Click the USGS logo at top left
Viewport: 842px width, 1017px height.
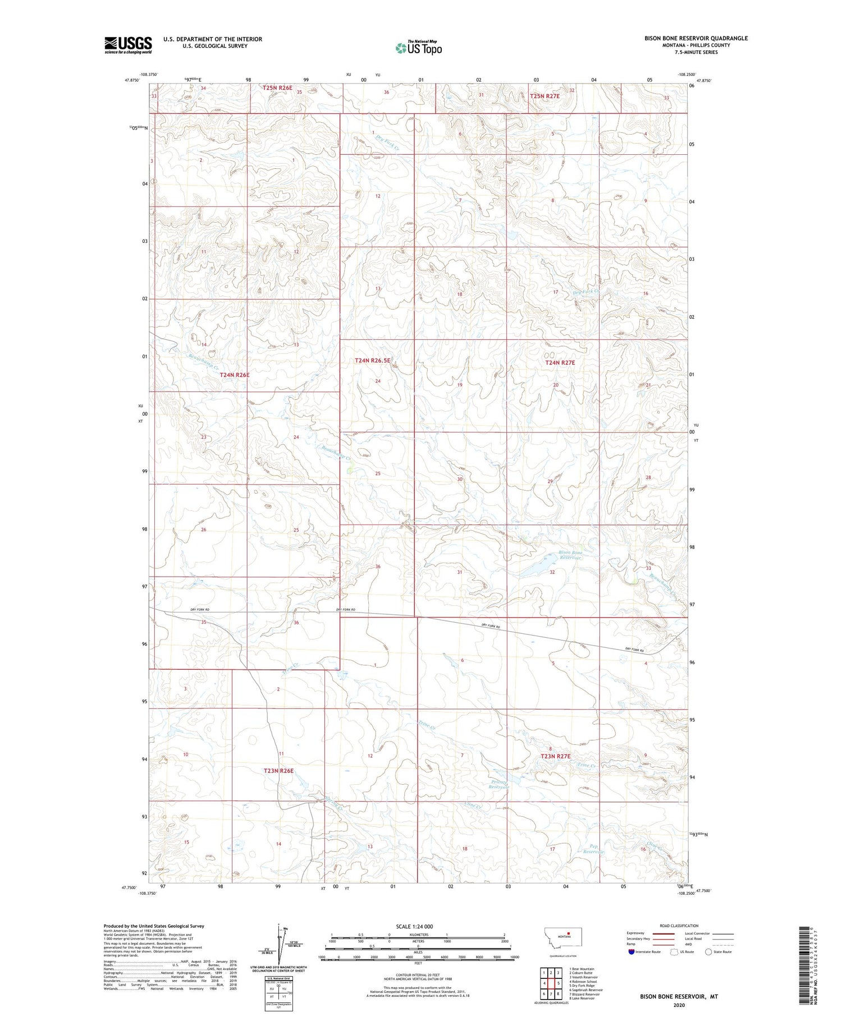(x=128, y=45)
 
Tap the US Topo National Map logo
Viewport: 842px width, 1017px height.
(x=419, y=48)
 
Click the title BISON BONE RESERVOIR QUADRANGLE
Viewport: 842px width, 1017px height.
(x=695, y=38)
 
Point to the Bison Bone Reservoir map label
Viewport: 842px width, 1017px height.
(x=570, y=555)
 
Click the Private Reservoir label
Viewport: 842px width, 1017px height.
(x=498, y=785)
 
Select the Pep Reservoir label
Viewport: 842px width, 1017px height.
(x=593, y=849)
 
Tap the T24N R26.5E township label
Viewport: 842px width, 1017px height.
(x=372, y=361)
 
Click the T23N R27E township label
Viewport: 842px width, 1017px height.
(x=555, y=756)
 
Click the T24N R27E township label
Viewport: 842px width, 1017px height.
(x=560, y=363)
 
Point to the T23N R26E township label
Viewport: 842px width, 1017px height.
(x=278, y=771)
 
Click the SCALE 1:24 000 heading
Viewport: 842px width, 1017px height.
(x=415, y=926)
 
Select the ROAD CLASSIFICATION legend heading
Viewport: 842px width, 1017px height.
(x=679, y=926)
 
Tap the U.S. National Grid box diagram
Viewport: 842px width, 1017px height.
(x=279, y=994)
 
